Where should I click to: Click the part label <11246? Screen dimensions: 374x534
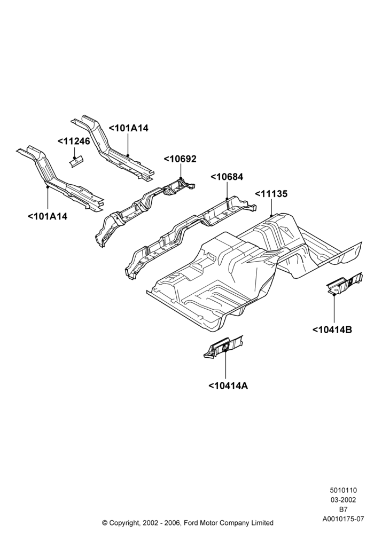pos(74,142)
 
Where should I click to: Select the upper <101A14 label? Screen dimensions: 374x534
pos(128,128)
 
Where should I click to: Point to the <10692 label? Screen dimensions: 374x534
pos(180,159)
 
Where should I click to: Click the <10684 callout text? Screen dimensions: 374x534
pos(227,177)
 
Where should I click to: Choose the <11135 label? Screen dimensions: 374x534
pos(271,194)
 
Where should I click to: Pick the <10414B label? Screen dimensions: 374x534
pos(332,329)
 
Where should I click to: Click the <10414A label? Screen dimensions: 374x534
pos(228,386)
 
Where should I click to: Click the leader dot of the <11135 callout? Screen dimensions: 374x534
pos(271,216)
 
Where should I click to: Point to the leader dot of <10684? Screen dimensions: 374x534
pos(227,199)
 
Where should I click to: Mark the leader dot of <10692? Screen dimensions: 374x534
pos(180,178)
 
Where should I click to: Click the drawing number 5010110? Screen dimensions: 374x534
pos(343,490)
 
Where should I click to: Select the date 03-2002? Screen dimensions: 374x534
pos(343,500)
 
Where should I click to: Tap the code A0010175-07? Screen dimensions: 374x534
pos(344,520)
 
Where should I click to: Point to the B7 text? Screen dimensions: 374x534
pos(343,510)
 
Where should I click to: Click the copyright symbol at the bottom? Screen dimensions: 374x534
pos(105,523)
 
